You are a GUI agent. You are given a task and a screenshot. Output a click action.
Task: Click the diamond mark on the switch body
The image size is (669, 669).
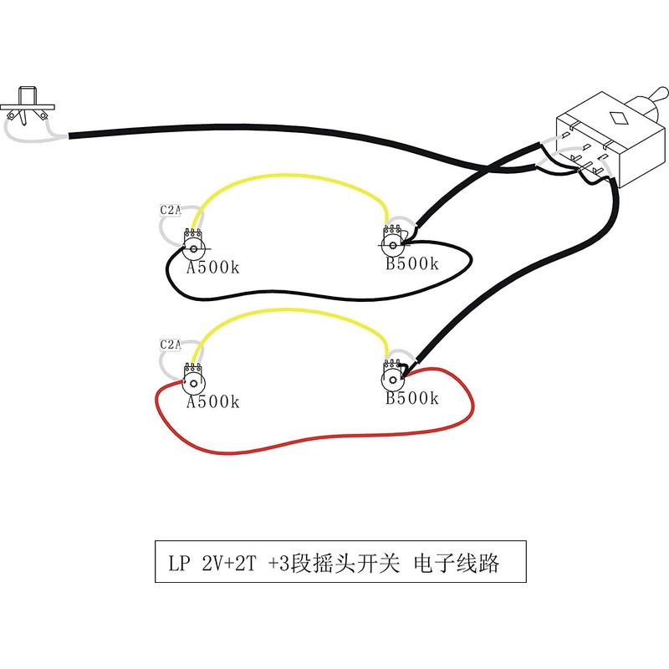click(619, 118)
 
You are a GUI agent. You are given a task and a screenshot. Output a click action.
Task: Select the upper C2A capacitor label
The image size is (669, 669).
click(171, 210)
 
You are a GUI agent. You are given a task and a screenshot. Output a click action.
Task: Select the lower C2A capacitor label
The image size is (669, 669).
click(171, 344)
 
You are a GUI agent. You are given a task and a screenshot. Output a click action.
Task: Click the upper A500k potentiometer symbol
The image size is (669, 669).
click(193, 244)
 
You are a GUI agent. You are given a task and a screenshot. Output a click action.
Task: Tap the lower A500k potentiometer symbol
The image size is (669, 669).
click(193, 379)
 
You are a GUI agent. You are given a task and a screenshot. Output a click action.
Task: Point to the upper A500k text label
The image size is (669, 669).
click(213, 268)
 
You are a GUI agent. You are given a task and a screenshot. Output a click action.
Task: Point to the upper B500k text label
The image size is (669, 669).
click(412, 263)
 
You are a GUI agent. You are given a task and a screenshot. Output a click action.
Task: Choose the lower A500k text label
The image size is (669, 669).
click(213, 401)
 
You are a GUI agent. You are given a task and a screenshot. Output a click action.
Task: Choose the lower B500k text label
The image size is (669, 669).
click(412, 398)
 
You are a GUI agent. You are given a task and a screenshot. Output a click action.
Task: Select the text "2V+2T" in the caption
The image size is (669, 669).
click(229, 563)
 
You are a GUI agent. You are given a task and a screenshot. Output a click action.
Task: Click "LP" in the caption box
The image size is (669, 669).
click(179, 564)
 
